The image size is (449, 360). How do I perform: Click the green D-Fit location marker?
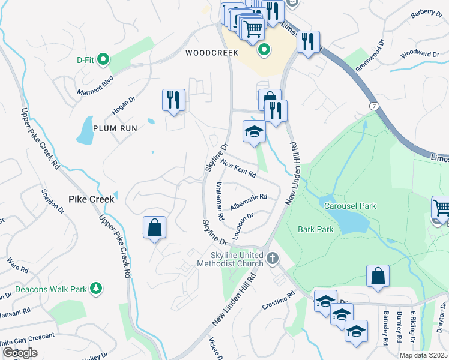103,59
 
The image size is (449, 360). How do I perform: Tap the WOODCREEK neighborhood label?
208,53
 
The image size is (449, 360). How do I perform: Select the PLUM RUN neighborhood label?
115,128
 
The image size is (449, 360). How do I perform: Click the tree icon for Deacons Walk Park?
95,289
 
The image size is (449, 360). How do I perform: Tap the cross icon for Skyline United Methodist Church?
273,259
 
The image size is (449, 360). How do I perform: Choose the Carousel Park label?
350,206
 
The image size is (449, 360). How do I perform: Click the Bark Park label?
315,229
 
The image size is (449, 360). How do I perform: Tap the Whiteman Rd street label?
220,200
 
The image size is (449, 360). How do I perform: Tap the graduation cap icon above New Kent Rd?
254,131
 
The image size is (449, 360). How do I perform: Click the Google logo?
20,352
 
